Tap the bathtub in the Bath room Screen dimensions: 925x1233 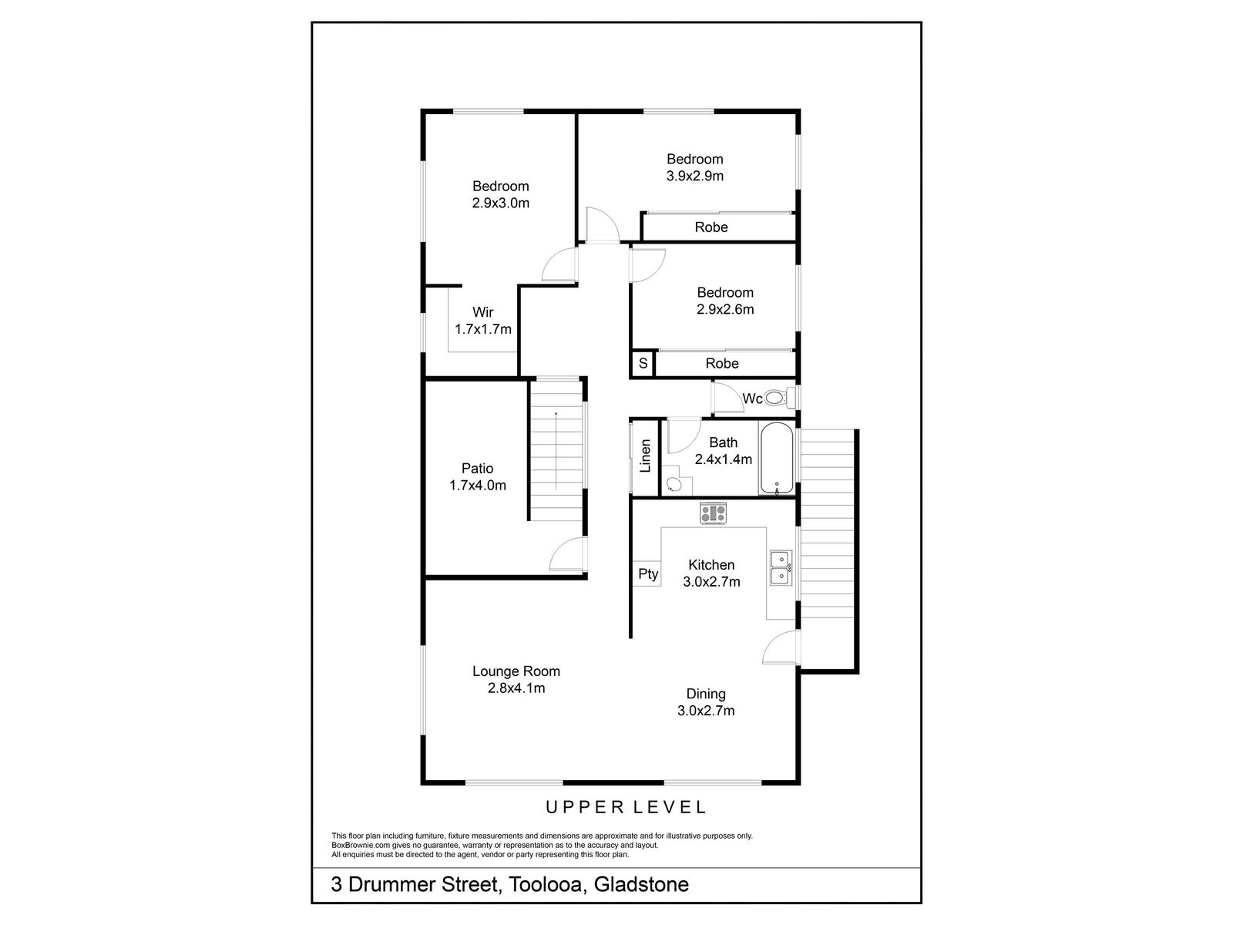click(776, 459)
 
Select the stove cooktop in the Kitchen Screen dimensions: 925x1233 click(713, 513)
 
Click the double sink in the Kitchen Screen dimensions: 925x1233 click(781, 567)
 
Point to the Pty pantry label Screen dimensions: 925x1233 click(648, 573)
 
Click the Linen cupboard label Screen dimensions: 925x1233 click(646, 456)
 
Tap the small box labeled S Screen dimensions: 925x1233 click(643, 363)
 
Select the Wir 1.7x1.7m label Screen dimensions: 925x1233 click(483, 321)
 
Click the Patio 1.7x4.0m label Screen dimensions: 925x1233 click(478, 476)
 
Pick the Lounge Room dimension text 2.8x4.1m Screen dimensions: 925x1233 click(516, 688)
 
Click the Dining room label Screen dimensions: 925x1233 click(706, 694)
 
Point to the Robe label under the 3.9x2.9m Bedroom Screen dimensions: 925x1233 click(711, 227)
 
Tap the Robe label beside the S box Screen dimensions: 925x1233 click(722, 363)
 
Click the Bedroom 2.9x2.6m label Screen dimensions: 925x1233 click(725, 301)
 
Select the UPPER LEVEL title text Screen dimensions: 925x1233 click(626, 807)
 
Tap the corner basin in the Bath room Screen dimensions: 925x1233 click(673, 485)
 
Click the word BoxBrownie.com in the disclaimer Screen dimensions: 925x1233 click(360, 845)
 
